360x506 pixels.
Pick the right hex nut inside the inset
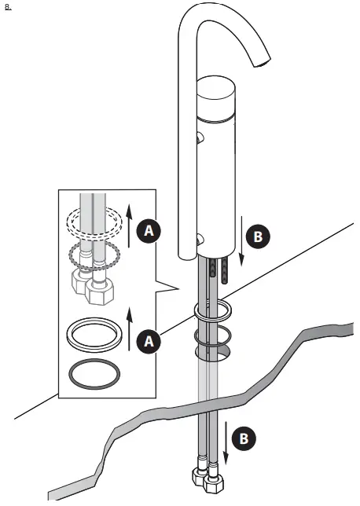pyautogui.click(x=100, y=294)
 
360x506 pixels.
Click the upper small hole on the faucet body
pyautogui.click(x=199, y=139)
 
